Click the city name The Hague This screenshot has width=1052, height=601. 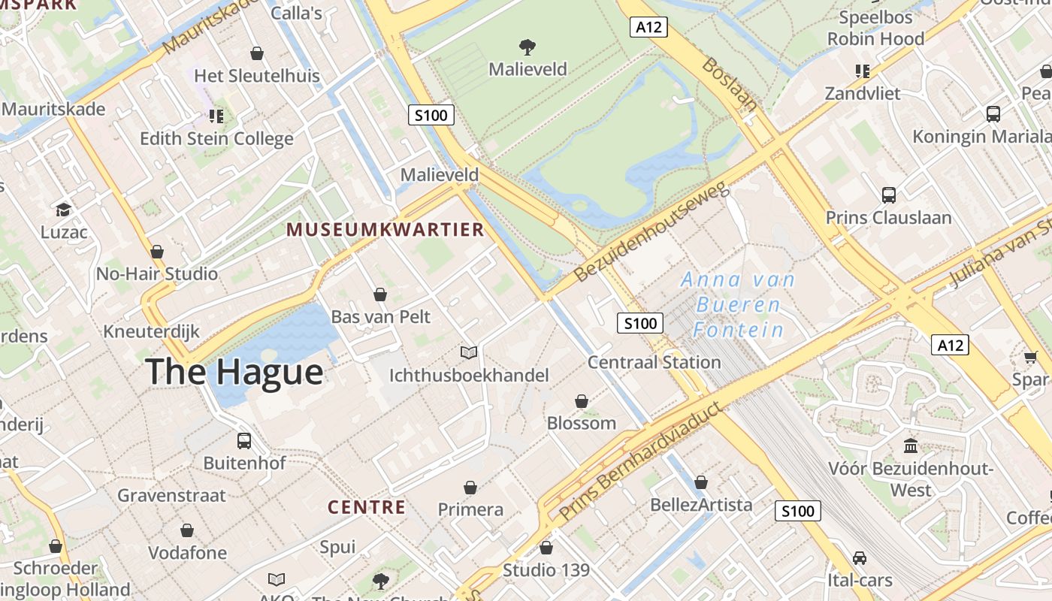(x=234, y=372)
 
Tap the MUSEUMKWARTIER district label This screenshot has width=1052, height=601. (x=385, y=230)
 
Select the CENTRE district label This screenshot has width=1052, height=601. (x=367, y=507)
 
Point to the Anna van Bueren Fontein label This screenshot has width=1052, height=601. (x=738, y=304)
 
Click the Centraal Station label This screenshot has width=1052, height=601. (x=654, y=362)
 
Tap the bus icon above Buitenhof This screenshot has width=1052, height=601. (x=244, y=441)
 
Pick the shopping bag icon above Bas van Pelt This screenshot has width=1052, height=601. (x=380, y=294)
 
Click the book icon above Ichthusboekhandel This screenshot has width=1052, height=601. (x=469, y=352)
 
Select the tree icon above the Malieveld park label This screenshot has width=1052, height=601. (x=528, y=47)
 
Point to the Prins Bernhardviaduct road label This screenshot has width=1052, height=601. (x=641, y=463)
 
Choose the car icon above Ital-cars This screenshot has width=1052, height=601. (x=860, y=558)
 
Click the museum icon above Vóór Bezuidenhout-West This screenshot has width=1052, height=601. (x=911, y=446)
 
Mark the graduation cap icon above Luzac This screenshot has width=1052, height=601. (x=64, y=210)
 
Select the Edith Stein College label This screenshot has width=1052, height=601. (x=216, y=139)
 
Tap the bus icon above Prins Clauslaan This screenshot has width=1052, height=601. (x=889, y=195)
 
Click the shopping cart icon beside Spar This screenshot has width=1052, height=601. (x=1030, y=357)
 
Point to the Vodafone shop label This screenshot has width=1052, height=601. (x=187, y=553)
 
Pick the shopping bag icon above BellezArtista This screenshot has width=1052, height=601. (x=701, y=482)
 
